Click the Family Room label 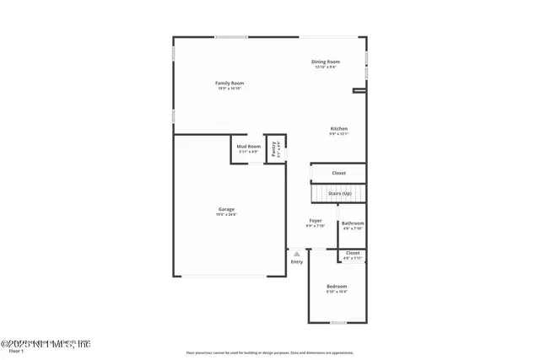pos(229,83)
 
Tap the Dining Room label pos(326,62)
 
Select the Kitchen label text pos(338,128)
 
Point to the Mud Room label pos(248,147)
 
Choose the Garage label pos(227,209)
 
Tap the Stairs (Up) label pos(340,193)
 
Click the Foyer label pos(316,221)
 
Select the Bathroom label pos(352,223)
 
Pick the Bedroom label pos(337,287)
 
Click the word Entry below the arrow pos(297,261)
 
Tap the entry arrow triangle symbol pos(297,252)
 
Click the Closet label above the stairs pos(338,173)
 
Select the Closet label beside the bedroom pos(353,253)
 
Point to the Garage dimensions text pos(227,214)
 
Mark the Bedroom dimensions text pos(337,292)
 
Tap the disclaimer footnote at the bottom pos(270,353)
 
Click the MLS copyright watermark pos(46,343)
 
